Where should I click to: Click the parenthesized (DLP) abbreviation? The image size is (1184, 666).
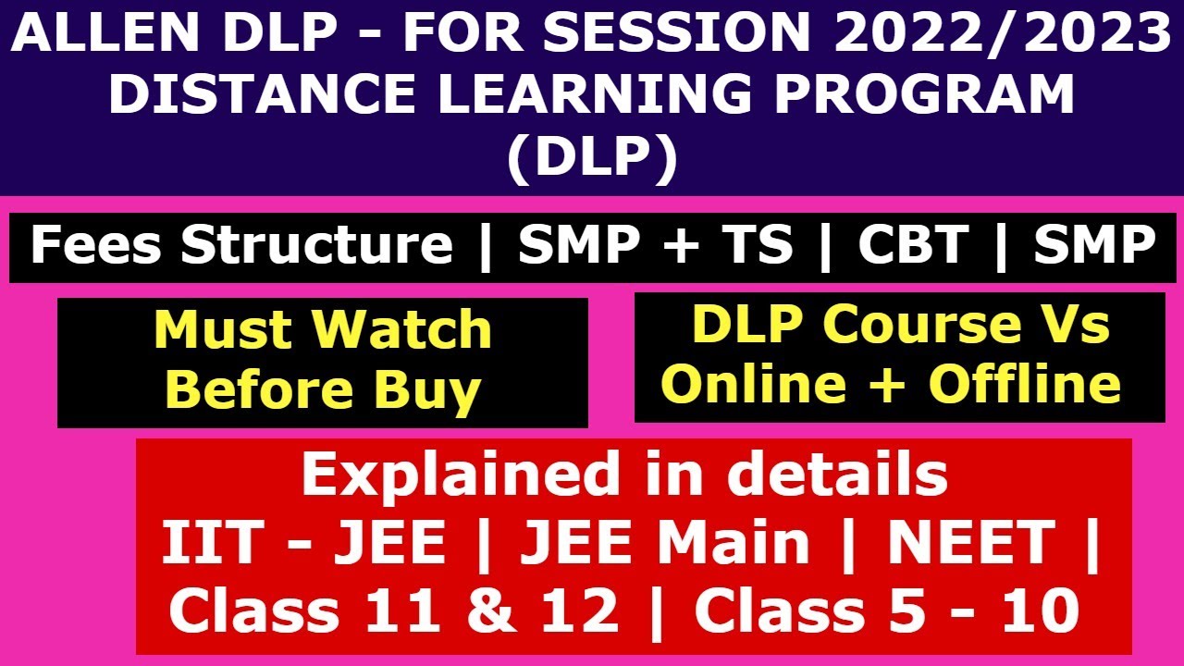[592, 157]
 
